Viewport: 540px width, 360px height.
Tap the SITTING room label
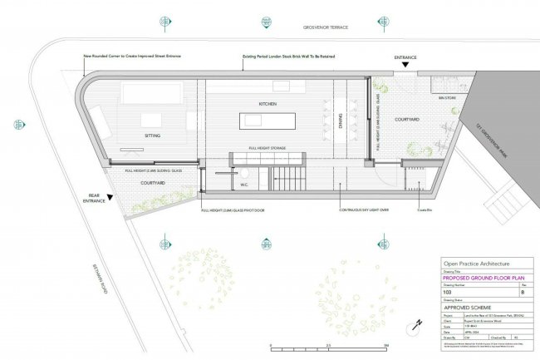(x=152, y=134)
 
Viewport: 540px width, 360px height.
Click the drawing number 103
(x=448, y=293)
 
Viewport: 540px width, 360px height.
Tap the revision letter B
(x=522, y=293)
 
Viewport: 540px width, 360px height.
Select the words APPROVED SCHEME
(x=469, y=306)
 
